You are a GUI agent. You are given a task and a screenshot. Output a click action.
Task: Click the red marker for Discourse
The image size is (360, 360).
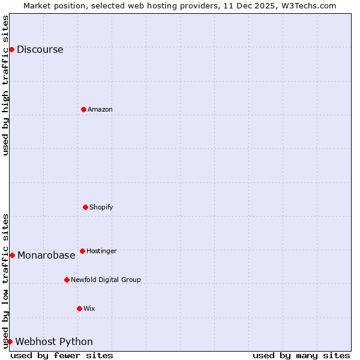click(x=11, y=49)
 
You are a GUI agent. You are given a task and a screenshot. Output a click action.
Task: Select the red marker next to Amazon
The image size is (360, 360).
click(x=83, y=109)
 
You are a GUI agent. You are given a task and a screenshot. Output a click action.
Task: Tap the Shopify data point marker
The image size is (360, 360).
click(x=85, y=207)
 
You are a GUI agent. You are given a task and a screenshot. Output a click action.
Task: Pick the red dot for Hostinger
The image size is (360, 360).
click(x=82, y=251)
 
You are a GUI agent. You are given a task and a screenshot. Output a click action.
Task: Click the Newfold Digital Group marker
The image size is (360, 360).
click(x=67, y=280)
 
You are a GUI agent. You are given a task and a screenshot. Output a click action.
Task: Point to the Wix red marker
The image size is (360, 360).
click(x=79, y=308)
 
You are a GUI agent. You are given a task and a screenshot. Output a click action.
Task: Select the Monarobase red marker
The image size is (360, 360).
click(x=12, y=255)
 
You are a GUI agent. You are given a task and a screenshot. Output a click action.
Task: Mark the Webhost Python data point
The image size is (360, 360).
click(x=10, y=341)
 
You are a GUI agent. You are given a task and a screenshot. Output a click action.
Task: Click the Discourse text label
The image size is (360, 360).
click(x=40, y=50)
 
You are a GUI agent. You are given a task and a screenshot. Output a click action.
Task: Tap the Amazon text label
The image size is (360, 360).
click(x=100, y=109)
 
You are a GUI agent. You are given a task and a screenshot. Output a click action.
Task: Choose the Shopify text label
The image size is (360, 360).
click(x=101, y=207)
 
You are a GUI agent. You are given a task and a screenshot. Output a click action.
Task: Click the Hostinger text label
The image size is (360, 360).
click(x=101, y=251)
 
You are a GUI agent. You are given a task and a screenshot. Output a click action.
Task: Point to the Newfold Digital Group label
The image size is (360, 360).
click(x=106, y=280)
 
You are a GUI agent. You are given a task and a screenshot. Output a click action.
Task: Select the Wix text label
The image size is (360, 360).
click(x=89, y=308)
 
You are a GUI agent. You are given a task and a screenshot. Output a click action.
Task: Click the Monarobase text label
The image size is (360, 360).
click(x=46, y=256)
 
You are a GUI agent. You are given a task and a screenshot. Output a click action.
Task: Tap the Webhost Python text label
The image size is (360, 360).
click(x=54, y=342)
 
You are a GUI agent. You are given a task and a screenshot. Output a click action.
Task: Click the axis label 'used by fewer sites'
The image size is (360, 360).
click(x=62, y=355)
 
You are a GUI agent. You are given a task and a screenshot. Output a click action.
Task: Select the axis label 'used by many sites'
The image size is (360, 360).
click(x=301, y=355)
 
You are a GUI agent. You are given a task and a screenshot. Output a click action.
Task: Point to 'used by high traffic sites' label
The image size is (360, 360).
click(x=5, y=85)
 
